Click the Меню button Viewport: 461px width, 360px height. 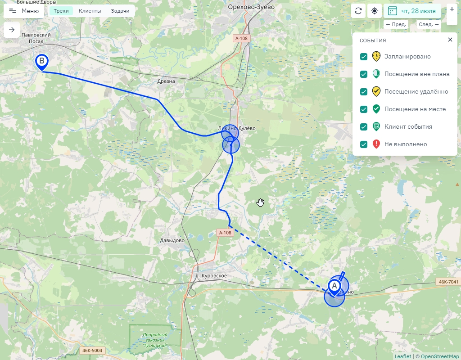pyautogui.click(x=24, y=11)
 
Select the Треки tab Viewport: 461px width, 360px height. pyautogui.click(x=61, y=11)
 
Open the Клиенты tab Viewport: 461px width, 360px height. pyautogui.click(x=90, y=11)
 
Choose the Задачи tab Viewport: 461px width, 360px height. pyautogui.click(x=120, y=11)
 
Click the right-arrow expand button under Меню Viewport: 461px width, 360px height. pyautogui.click(x=12, y=30)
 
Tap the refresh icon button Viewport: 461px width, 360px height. pyautogui.click(x=358, y=11)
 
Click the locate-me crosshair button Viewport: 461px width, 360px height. pyautogui.click(x=375, y=11)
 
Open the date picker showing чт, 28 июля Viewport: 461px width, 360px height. pyautogui.click(x=412, y=11)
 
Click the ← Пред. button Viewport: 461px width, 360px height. pyautogui.click(x=396, y=24)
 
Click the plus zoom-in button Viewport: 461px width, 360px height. pyautogui.click(x=452, y=9)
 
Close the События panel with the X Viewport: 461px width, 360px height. pyautogui.click(x=450, y=40)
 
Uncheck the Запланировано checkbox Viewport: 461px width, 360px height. pyautogui.click(x=364, y=57)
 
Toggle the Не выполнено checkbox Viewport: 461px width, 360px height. pyautogui.click(x=364, y=144)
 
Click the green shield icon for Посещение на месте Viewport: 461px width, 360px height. pyautogui.click(x=376, y=109)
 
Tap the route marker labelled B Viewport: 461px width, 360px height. pyautogui.click(x=42, y=62)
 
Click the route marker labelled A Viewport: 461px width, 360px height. pyautogui.click(x=334, y=287)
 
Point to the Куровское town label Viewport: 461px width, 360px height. pyautogui.click(x=214, y=275)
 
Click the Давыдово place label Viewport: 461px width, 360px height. pyautogui.click(x=172, y=240)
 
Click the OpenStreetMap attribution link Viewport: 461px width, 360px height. pyautogui.click(x=440, y=356)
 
